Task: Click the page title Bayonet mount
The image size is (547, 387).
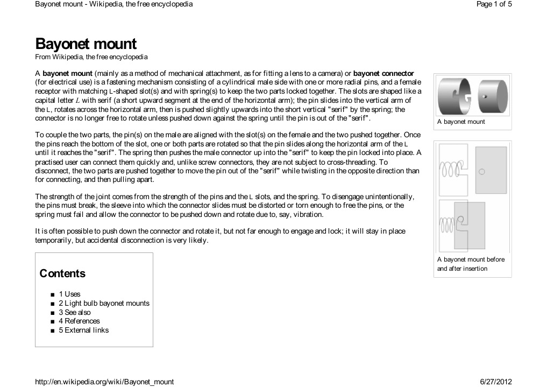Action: point(86,44)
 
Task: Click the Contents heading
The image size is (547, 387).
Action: point(62,273)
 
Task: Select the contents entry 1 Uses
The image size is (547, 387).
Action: point(69,294)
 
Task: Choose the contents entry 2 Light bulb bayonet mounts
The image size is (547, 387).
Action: point(104,303)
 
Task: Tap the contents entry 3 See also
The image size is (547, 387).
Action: point(75,312)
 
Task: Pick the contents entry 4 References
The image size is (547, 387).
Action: point(79,321)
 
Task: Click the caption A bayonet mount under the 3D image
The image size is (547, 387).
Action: point(461,122)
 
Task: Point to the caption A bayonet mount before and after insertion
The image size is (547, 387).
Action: point(471,264)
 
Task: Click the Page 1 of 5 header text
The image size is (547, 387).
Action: point(494,4)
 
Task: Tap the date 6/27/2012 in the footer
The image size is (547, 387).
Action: point(495,382)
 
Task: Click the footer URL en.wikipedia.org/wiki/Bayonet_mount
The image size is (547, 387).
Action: point(104,382)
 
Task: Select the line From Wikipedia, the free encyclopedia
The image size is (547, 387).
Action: point(91,57)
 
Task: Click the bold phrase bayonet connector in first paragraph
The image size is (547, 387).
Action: point(383,73)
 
